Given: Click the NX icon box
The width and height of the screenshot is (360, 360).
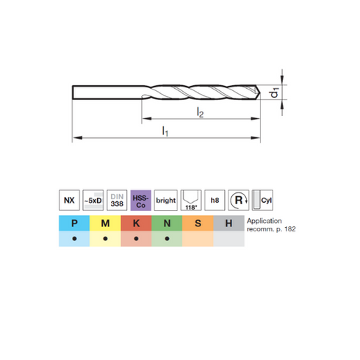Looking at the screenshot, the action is [x=69, y=200].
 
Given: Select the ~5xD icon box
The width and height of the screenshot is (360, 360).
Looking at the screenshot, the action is [x=93, y=200].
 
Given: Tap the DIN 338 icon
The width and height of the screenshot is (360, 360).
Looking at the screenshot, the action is [x=117, y=200].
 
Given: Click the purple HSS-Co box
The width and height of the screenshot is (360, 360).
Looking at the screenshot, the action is [x=141, y=200].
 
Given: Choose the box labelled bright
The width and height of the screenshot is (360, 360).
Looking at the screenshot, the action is [x=166, y=200].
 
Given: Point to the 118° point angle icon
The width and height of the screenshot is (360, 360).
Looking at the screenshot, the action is [x=191, y=200].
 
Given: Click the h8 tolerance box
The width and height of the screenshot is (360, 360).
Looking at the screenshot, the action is [x=215, y=200].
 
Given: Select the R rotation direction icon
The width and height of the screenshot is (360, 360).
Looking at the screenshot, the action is [x=239, y=200].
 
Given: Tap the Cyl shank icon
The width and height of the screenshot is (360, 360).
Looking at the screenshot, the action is [x=262, y=200].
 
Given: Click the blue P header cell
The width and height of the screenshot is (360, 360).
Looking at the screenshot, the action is [x=74, y=223].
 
